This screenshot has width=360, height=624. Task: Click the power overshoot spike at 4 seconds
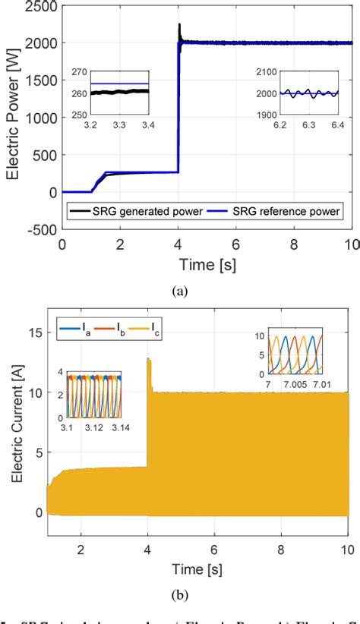coord(179,27)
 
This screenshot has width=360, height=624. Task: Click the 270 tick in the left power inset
coord(77,73)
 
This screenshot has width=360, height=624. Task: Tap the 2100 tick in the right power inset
coord(262,73)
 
